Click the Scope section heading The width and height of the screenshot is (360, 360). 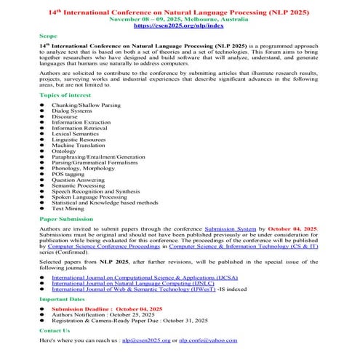(x=48, y=35)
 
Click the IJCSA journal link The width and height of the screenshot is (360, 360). (x=129, y=277)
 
